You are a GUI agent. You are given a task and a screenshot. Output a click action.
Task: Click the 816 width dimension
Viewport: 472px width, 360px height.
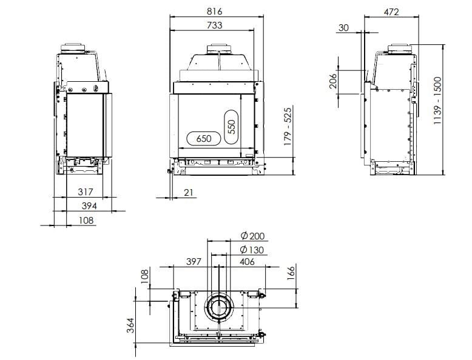215,12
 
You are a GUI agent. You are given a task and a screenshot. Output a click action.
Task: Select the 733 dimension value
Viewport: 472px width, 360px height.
215,25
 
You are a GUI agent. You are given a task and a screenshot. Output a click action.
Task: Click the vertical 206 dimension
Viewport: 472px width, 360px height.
333,81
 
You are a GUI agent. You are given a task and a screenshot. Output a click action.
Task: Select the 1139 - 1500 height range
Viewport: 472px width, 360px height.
438,101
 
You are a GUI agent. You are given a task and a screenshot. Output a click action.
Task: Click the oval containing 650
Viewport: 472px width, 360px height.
204,139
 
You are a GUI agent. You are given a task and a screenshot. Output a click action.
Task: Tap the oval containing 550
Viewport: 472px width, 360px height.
231,127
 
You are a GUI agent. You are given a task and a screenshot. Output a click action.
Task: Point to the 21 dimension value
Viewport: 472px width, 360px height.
189,193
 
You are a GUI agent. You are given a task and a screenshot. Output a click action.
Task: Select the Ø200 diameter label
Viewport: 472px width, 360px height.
252,236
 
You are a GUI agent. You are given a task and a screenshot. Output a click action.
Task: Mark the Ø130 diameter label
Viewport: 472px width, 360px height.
252,250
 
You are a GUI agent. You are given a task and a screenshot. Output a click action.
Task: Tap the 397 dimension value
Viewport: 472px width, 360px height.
193,262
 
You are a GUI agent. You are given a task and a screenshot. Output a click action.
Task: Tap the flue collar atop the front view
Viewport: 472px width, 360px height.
219,48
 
